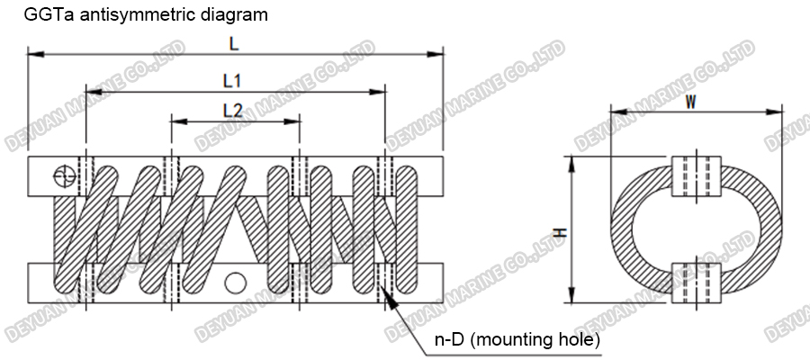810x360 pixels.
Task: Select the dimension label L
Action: pos(235,42)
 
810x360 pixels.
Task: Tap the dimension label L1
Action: pos(231,80)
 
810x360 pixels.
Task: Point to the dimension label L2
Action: pos(232,110)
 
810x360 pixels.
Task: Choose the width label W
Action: pos(690,102)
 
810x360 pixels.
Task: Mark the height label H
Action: pos(559,232)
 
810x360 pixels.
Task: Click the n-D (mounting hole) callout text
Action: pos(516,340)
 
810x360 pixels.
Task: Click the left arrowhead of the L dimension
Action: pos(32,55)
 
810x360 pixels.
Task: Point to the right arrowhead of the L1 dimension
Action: pos(381,91)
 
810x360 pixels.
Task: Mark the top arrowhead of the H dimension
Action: pos(571,158)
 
